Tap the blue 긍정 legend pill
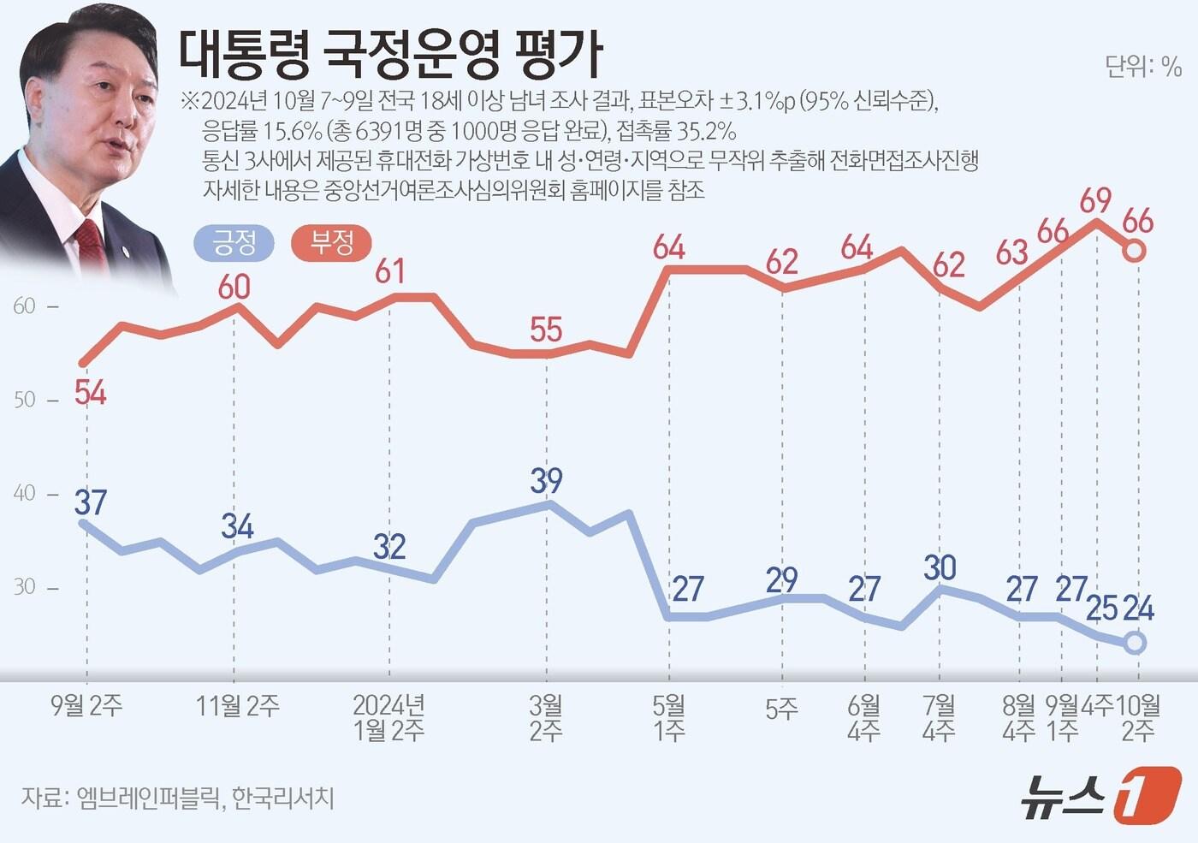pos(234,243)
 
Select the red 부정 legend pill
pos(332,243)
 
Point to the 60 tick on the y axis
pos(25,306)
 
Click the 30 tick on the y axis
pos(25,587)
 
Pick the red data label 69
pos(1095,200)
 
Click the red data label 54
pos(90,393)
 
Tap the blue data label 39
pos(546,480)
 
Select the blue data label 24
pos(1138,609)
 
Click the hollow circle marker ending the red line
pos(1134,251)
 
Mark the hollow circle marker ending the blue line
pos(1134,643)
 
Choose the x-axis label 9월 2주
pos(86,706)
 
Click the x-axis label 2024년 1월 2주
pos(389,718)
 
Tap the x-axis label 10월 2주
pos(1138,718)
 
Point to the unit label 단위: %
pos(1142,67)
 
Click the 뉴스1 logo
pos(1100,795)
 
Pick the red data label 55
pos(546,329)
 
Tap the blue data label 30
pos(940,567)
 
